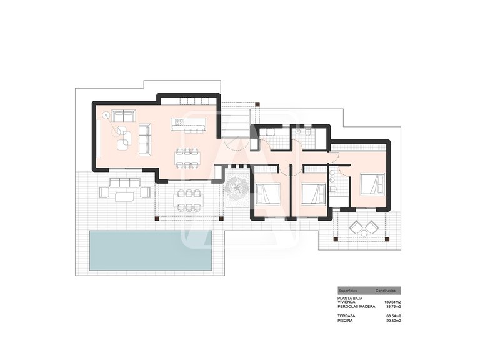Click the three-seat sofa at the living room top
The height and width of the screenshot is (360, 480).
pos(124,115)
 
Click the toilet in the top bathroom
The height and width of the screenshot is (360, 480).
pos(308,133)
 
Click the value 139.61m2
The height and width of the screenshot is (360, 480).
pos(392,302)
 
